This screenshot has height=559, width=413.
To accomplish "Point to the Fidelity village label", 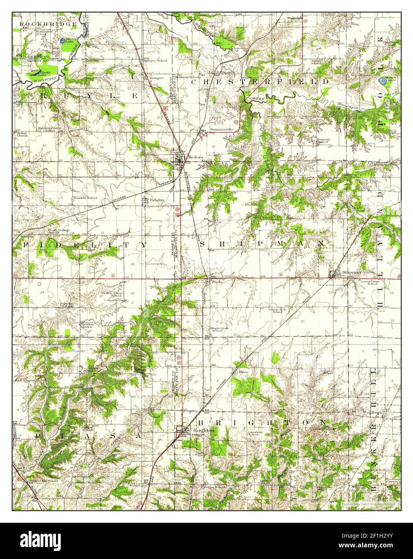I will tap(157, 200).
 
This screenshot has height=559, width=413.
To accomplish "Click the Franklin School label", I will tap(85, 198).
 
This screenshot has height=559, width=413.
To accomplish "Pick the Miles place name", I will tap(244, 372).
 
